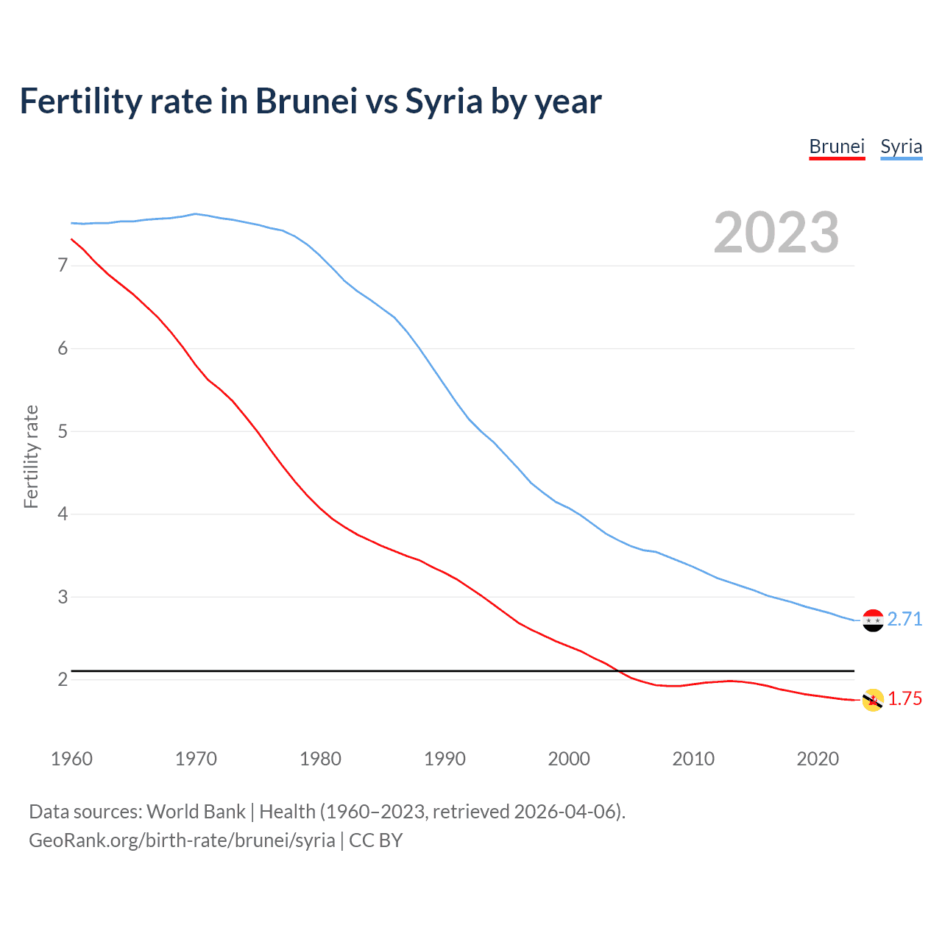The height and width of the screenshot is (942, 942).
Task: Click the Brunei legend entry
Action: pos(837,146)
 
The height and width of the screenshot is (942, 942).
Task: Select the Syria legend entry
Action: pos(901,146)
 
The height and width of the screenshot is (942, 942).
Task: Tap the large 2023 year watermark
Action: pos(776,233)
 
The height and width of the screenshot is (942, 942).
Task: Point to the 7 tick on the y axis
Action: pos(63,265)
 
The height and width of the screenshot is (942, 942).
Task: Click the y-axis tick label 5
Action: pos(63,431)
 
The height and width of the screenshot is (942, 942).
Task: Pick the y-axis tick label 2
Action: pos(63,679)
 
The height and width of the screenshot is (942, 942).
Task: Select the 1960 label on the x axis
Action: pos(71,759)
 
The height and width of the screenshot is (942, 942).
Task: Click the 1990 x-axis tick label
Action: pos(445,759)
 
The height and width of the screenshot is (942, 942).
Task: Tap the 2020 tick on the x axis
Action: pos(818,759)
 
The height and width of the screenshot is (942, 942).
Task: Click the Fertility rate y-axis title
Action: pos(31,456)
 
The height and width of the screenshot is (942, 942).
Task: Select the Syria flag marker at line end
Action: pos(873,620)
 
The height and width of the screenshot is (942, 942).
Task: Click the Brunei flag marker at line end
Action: pos(873,700)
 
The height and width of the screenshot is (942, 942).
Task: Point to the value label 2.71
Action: pos(904,620)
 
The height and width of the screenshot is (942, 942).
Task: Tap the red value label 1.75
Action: pos(904,699)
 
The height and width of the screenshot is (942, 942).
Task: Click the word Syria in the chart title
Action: pos(444,102)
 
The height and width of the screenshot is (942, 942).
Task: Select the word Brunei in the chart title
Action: pos(306,102)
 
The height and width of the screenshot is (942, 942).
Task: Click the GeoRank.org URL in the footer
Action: pos(182,840)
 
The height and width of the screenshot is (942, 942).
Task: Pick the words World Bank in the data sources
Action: pos(196,812)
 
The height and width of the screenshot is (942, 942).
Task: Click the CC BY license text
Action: pos(375,840)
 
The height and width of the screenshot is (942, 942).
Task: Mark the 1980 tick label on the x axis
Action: pos(320,759)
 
